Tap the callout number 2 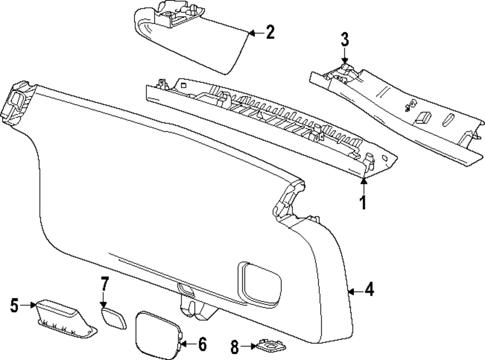coord(270,33)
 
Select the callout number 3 coord(344,40)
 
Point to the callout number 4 coord(369,291)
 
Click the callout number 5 coord(15,306)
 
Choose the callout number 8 coord(235,346)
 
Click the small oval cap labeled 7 coord(113,317)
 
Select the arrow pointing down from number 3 coord(344,56)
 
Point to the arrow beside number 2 coord(256,33)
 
